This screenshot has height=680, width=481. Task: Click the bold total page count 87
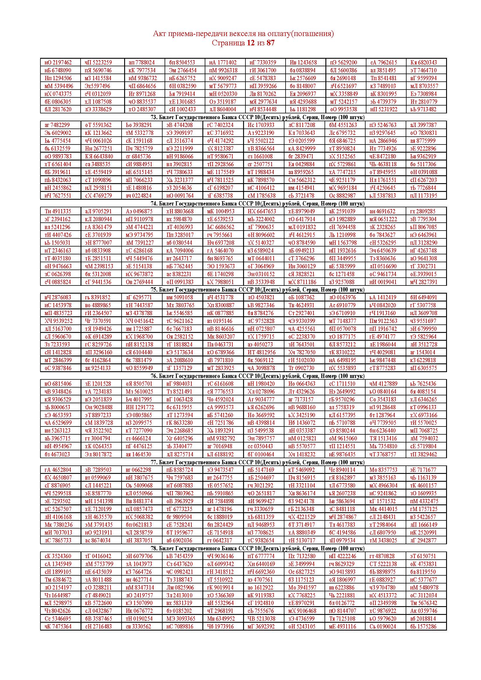(270, 43)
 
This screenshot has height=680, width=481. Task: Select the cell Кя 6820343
(423, 63)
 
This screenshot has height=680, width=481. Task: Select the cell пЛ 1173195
(423, 195)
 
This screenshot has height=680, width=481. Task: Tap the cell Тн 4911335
(58, 211)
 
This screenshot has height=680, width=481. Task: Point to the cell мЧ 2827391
(423, 282)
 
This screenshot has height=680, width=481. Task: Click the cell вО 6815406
(58, 383)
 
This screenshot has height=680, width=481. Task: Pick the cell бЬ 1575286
(423, 627)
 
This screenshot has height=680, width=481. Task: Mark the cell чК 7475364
(58, 627)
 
